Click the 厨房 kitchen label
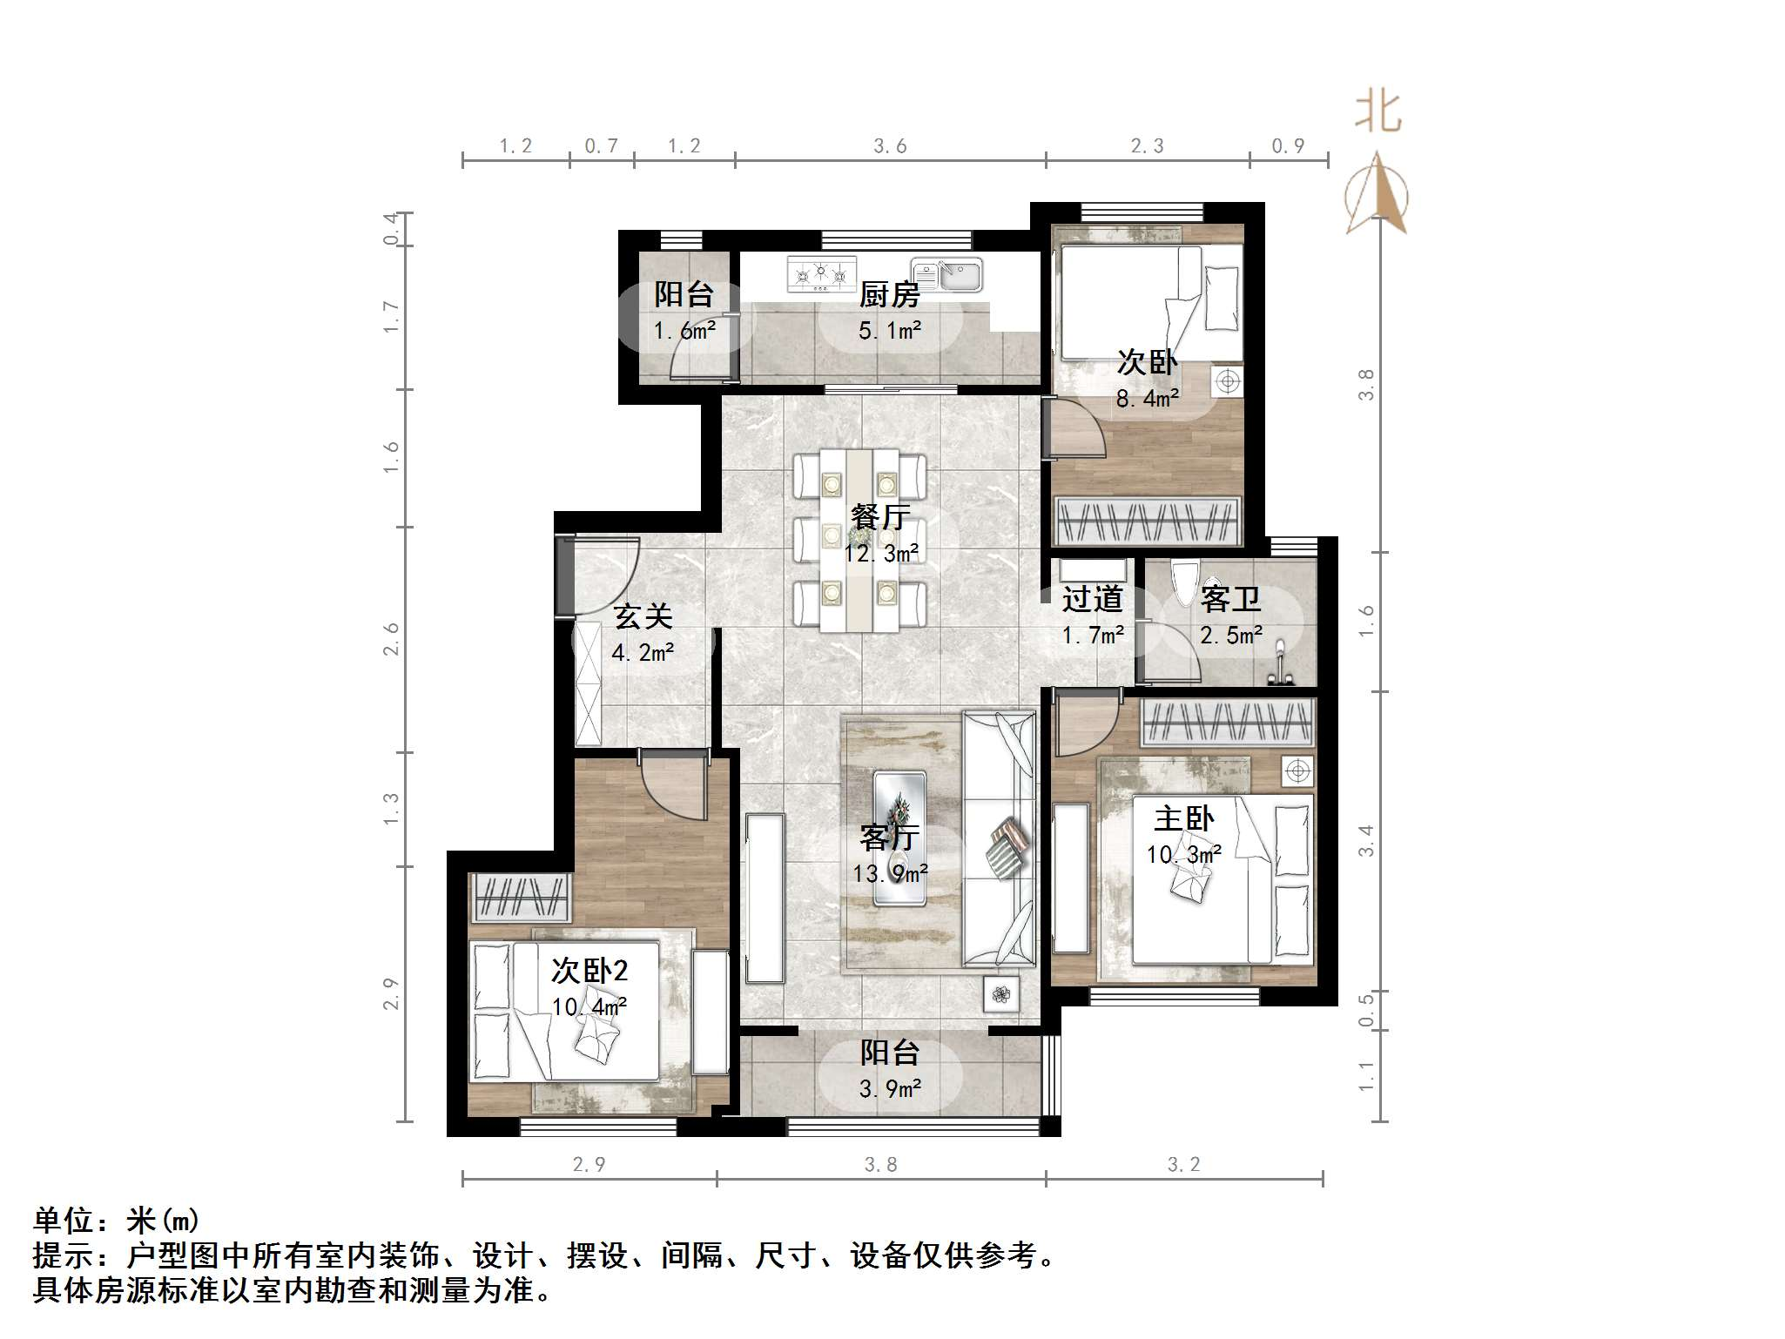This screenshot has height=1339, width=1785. [889, 295]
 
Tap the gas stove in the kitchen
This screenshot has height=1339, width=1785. [820, 274]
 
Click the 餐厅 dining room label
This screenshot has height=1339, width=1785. [880, 517]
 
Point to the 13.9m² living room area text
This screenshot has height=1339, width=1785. [889, 873]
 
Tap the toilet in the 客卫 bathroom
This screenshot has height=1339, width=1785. [1185, 583]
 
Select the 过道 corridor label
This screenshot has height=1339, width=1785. [1092, 599]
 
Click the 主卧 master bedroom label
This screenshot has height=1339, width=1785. [1183, 818]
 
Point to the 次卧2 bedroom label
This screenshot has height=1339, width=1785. [589, 970]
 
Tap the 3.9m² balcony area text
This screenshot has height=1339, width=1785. [889, 1089]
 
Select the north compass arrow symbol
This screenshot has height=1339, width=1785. [1377, 194]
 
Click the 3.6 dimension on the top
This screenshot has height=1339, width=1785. [890, 146]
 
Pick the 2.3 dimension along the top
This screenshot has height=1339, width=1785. [1147, 146]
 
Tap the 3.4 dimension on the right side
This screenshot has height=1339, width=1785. [1365, 840]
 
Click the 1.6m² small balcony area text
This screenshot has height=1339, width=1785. [684, 331]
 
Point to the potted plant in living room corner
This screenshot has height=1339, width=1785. [1001, 993]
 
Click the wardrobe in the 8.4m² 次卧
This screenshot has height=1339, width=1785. [1147, 521]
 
